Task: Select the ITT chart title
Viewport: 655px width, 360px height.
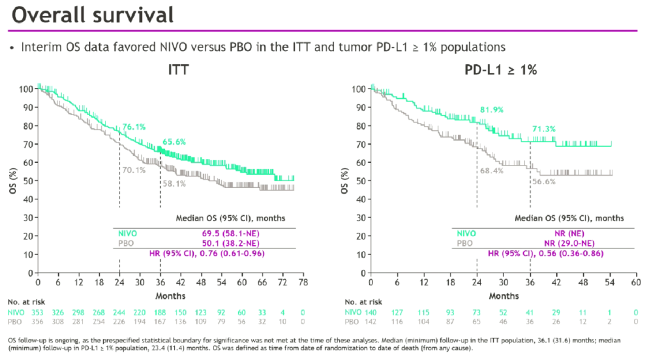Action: point(178,70)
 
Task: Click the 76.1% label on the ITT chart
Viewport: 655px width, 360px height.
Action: point(135,127)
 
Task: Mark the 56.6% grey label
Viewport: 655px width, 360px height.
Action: point(544,181)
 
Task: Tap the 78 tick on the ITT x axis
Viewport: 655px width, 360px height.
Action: point(302,282)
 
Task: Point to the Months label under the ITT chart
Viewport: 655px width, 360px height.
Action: point(170,296)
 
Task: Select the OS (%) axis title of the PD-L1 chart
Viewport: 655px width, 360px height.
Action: point(345,179)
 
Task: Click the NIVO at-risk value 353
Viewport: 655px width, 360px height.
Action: point(38,312)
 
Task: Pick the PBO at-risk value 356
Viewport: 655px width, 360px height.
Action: point(38,321)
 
